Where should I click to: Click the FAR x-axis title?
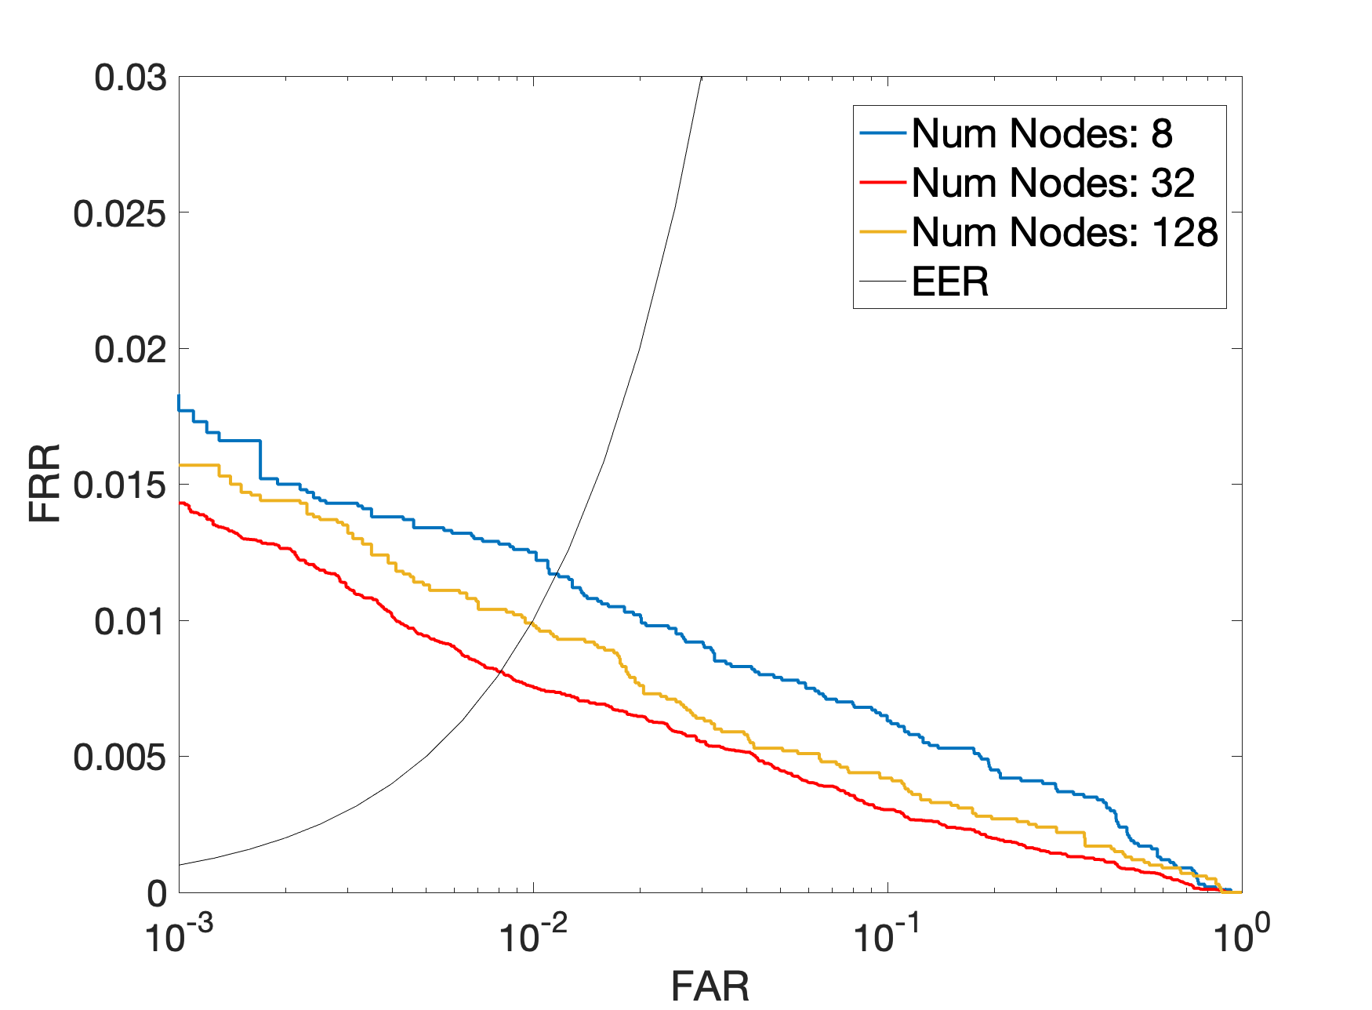point(710,986)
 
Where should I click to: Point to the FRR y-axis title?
point(45,484)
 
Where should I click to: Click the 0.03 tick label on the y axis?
point(130,78)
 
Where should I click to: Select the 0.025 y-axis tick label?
point(120,213)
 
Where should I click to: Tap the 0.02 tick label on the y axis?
point(130,349)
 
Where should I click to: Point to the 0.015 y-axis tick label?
point(120,485)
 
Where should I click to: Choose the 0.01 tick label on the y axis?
point(130,621)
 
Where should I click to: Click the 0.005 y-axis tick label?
point(120,757)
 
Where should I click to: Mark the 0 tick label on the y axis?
point(157,893)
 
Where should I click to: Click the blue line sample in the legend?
point(884,133)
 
